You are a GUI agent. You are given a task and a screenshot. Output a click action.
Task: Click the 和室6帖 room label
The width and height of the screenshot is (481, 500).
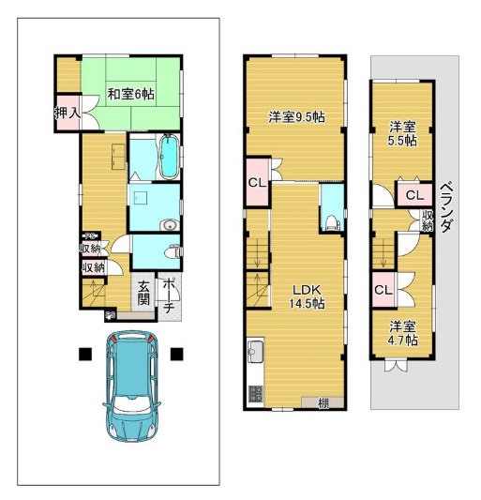point(130,94)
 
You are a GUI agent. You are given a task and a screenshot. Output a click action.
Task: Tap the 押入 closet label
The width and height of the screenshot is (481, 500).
point(68,113)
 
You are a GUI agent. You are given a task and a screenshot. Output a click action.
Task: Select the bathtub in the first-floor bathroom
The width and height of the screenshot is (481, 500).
point(168,157)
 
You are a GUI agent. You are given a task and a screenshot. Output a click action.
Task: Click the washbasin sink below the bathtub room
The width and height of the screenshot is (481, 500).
point(170,225)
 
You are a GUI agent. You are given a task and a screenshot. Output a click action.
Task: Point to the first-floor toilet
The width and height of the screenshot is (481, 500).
point(173,252)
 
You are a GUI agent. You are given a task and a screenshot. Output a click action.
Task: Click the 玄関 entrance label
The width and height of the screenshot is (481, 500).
point(143,294)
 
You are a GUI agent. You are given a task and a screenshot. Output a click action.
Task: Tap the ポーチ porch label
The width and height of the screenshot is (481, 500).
point(169,295)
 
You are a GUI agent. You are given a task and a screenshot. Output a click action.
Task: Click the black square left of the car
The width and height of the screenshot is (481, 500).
point(85,354)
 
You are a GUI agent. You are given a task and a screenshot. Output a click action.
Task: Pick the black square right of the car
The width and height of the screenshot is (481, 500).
point(176,354)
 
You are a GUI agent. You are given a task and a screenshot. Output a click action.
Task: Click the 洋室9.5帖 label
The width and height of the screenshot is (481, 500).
point(296,117)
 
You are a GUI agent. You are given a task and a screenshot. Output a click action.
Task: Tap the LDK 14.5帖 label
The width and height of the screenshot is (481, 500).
point(307,296)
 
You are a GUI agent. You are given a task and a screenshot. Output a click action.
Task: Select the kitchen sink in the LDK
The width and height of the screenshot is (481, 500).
point(255,351)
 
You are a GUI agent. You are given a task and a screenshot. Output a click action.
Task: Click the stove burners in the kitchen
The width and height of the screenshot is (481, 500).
point(255,394)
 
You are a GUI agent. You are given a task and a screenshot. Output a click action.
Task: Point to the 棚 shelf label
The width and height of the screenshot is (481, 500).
point(323,403)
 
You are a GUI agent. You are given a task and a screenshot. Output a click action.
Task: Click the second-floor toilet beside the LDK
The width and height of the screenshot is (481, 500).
point(332,222)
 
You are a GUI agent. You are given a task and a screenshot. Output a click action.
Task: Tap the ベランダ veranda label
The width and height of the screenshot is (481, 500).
point(446,206)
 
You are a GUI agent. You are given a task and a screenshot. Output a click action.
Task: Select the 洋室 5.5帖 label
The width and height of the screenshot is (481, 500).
point(402,134)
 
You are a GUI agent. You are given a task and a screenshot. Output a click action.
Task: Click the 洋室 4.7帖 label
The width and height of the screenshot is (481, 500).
point(402,333)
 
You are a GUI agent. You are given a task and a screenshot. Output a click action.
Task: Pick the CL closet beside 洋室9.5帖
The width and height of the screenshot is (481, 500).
point(257,183)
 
